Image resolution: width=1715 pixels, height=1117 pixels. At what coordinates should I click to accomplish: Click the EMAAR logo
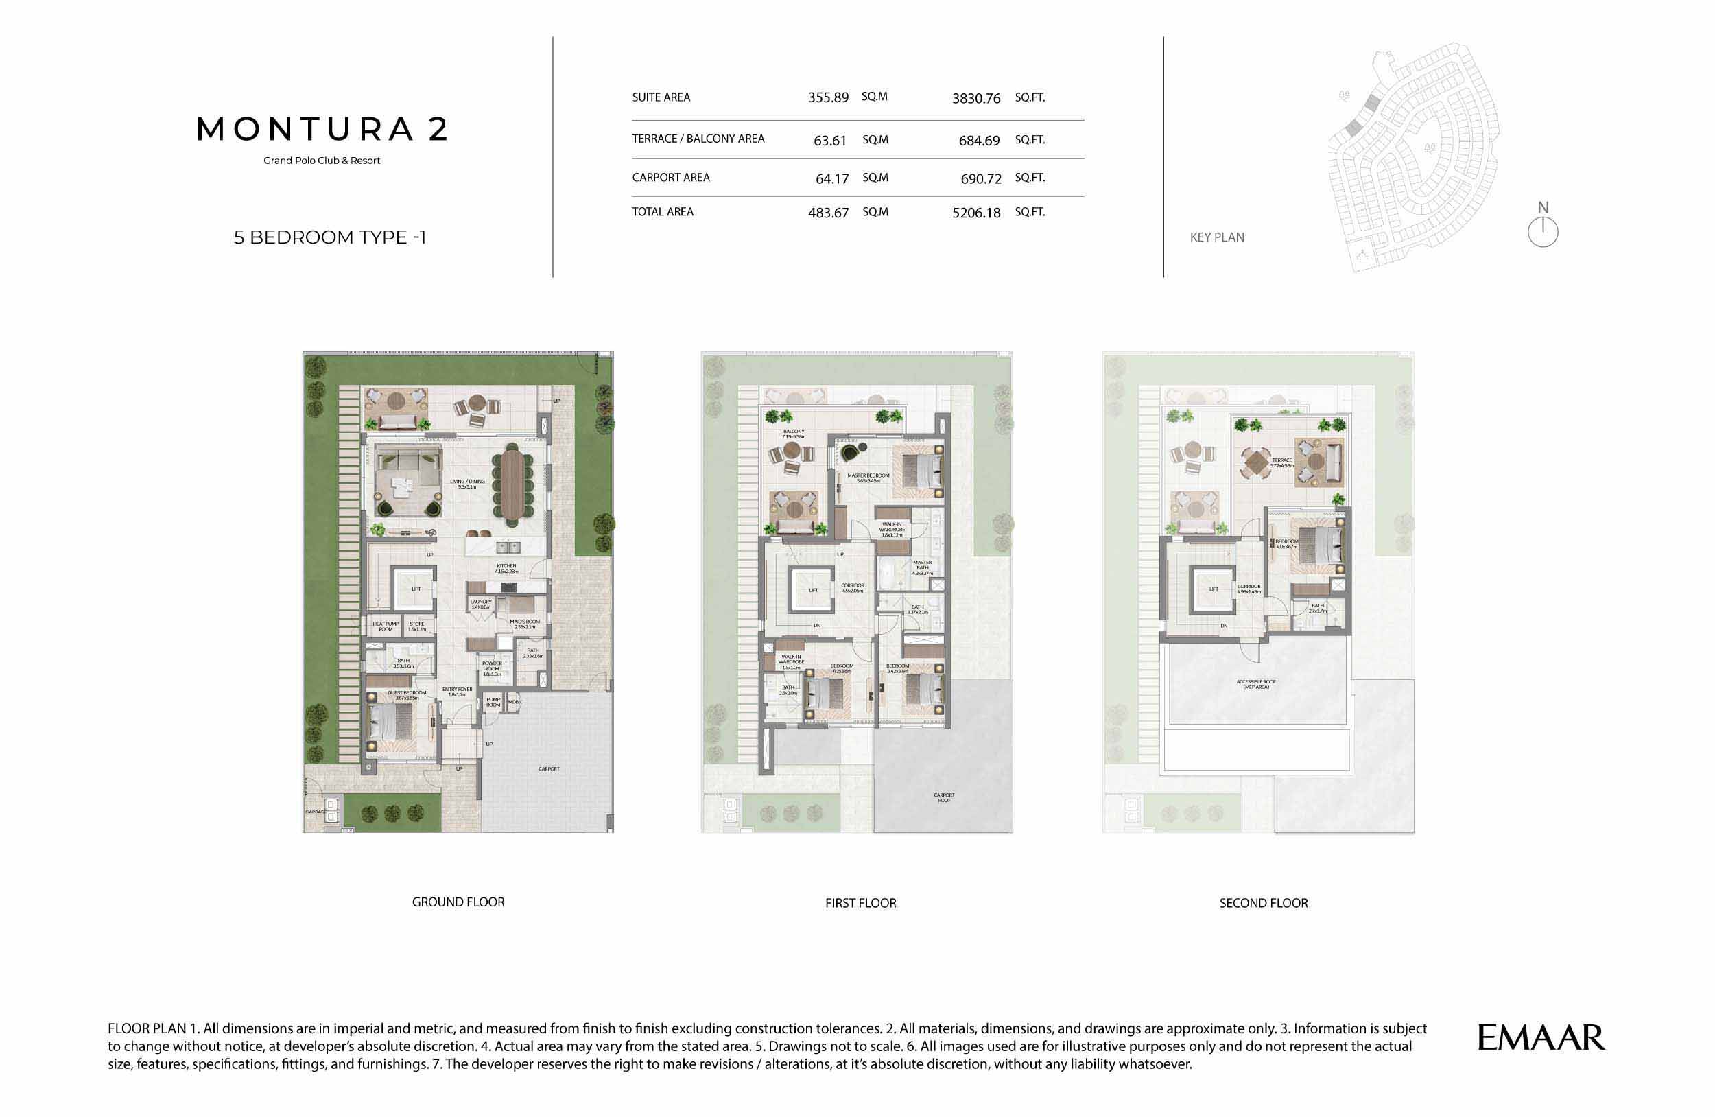click(x=1541, y=1037)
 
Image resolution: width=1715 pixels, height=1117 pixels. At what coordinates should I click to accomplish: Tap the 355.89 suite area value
click(x=828, y=97)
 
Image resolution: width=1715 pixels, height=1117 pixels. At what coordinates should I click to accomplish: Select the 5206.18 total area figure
click(x=975, y=213)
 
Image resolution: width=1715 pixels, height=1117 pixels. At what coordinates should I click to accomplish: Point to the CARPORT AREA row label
click(x=670, y=177)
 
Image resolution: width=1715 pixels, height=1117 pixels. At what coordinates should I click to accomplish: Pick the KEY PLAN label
click(x=1216, y=237)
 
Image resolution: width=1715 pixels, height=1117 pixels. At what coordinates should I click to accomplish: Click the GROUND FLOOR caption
click(x=458, y=902)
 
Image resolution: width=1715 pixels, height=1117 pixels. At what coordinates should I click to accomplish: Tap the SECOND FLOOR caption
click(x=1263, y=903)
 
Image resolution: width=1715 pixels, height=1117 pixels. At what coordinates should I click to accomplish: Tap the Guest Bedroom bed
click(x=391, y=720)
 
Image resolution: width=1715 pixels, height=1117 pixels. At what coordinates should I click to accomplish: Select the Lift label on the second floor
click(x=1214, y=589)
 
